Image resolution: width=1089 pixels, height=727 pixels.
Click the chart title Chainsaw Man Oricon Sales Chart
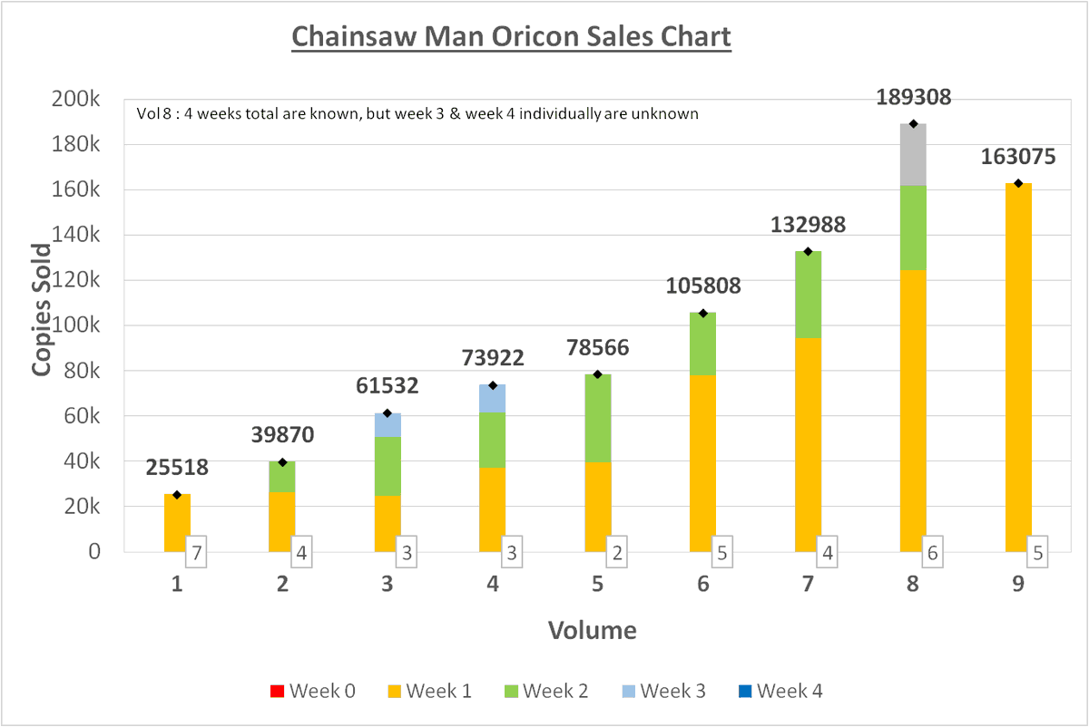coord(511,37)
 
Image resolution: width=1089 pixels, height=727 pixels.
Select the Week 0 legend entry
coord(312,692)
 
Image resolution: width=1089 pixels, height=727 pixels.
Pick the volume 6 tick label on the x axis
coord(703,585)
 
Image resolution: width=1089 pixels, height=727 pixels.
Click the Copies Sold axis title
coord(42,309)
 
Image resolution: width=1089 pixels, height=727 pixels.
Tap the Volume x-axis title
coord(592,630)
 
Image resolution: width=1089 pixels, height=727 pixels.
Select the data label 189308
coord(913,98)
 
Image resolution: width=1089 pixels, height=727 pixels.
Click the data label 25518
coord(178,468)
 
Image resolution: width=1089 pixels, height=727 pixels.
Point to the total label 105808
coord(703,286)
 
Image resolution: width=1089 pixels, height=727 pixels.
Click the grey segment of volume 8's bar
coord(913,155)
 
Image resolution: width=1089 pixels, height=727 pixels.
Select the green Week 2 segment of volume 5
coord(598,418)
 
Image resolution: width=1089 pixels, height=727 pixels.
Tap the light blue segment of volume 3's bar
coord(388,424)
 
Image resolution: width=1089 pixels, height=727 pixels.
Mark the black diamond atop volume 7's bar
coord(808,251)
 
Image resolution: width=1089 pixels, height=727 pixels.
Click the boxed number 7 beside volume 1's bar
coord(197,551)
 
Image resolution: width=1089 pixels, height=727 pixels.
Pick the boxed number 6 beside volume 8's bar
coord(932,551)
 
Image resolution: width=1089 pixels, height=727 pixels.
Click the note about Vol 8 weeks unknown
coord(417,114)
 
